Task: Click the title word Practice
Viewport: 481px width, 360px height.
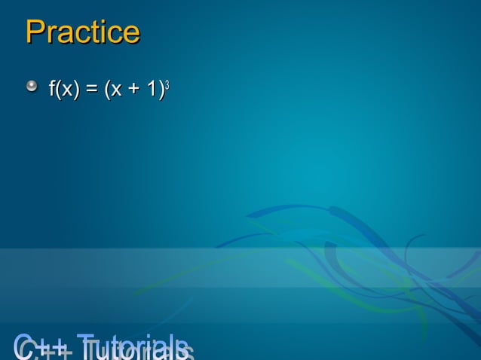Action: point(82,32)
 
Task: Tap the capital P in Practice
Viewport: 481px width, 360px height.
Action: point(34,32)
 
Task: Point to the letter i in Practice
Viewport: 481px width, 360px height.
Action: point(106,32)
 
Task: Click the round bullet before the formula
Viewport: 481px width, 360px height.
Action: point(32,88)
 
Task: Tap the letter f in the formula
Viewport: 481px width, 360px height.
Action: point(52,90)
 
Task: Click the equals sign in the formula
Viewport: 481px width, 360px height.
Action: point(91,91)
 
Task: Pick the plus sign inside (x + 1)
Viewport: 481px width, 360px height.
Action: point(132,91)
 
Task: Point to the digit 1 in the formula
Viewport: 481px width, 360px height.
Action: point(152,90)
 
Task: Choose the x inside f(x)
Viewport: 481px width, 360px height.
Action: point(66,92)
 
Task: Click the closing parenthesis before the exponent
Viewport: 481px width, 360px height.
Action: point(161,90)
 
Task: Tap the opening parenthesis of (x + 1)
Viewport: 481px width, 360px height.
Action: point(106,90)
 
